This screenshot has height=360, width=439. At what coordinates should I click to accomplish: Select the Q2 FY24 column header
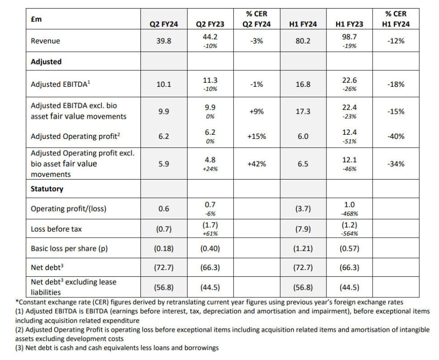pyautogui.click(x=164, y=24)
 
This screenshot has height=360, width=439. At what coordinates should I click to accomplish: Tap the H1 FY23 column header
pyautogui.click(x=346, y=24)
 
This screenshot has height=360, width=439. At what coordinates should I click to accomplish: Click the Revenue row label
pyautogui.click(x=45, y=41)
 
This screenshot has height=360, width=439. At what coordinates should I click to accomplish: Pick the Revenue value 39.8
pyautogui.click(x=164, y=41)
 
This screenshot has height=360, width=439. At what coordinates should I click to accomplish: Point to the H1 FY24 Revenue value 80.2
pyautogui.click(x=303, y=41)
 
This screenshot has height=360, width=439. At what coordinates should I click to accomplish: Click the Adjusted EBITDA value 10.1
pyautogui.click(x=164, y=84)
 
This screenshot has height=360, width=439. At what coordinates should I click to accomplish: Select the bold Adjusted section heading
pyautogui.click(x=46, y=61)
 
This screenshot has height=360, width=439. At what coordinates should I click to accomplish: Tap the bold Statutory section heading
pyautogui.click(x=47, y=189)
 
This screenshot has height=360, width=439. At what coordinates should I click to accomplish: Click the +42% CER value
pyautogui.click(x=257, y=164)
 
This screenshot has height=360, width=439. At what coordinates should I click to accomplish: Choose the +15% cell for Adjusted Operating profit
pyautogui.click(x=257, y=136)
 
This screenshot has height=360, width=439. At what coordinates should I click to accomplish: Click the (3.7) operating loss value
pyautogui.click(x=303, y=209)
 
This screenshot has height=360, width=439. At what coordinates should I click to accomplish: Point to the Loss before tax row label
pyautogui.click(x=56, y=229)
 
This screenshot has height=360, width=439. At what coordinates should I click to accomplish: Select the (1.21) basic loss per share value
pyautogui.click(x=303, y=249)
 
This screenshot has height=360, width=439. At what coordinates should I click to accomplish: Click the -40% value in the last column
pyautogui.click(x=396, y=136)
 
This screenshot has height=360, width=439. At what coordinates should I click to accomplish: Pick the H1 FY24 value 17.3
pyautogui.click(x=303, y=111)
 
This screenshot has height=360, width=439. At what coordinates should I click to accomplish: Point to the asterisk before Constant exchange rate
pyautogui.click(x=17, y=302)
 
